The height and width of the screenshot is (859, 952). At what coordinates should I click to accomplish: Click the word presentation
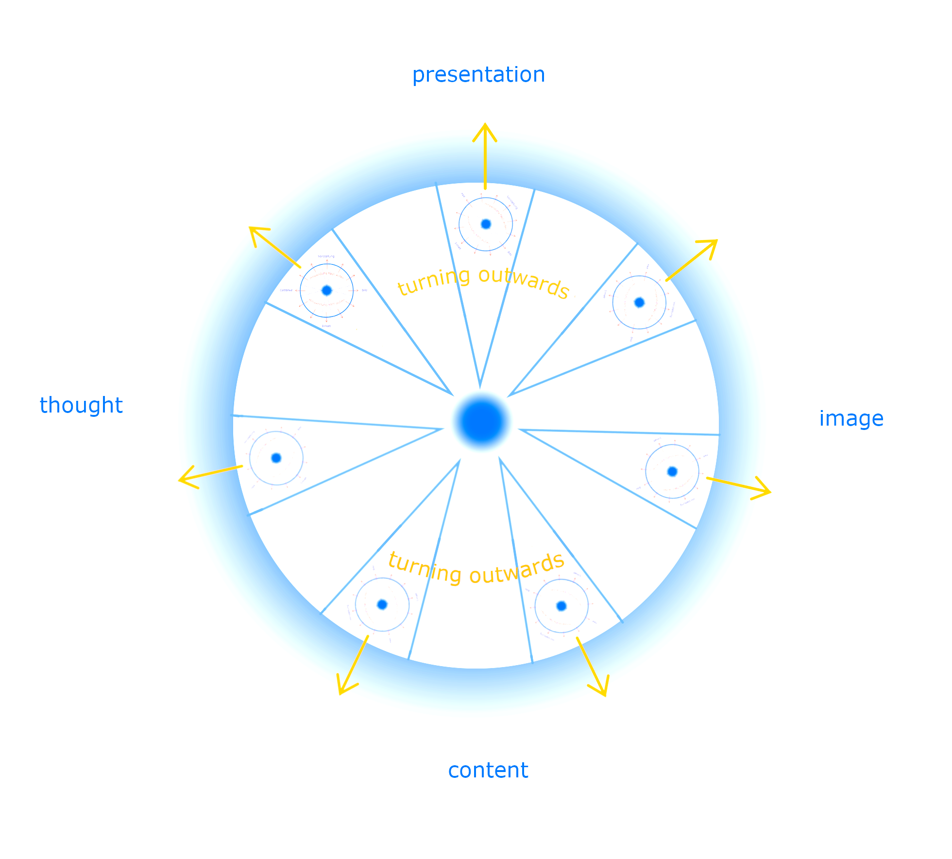point(478,75)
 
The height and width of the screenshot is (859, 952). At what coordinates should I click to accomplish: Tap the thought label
point(81,405)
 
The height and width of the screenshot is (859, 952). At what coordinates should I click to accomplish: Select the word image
point(851,418)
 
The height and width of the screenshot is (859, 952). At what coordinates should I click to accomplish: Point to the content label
point(488,770)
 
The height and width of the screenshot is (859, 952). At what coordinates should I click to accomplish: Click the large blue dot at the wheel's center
point(482,421)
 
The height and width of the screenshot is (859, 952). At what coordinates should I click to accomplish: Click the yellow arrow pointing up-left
point(273,246)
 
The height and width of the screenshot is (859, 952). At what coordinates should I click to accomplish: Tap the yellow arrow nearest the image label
point(739,486)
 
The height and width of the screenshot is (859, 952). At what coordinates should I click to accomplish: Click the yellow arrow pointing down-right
point(592,666)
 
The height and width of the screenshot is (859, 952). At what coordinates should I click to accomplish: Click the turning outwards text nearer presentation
point(483,282)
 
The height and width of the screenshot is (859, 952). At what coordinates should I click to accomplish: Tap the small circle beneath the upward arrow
point(486,224)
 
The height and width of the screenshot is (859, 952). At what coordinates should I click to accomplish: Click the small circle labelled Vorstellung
point(326,291)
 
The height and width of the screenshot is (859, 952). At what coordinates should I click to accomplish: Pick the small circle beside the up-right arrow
point(639,302)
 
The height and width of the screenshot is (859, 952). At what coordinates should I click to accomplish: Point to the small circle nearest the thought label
point(276,458)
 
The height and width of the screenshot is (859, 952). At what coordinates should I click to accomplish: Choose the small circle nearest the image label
point(672,471)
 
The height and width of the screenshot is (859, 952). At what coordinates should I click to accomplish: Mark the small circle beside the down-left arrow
point(382,604)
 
